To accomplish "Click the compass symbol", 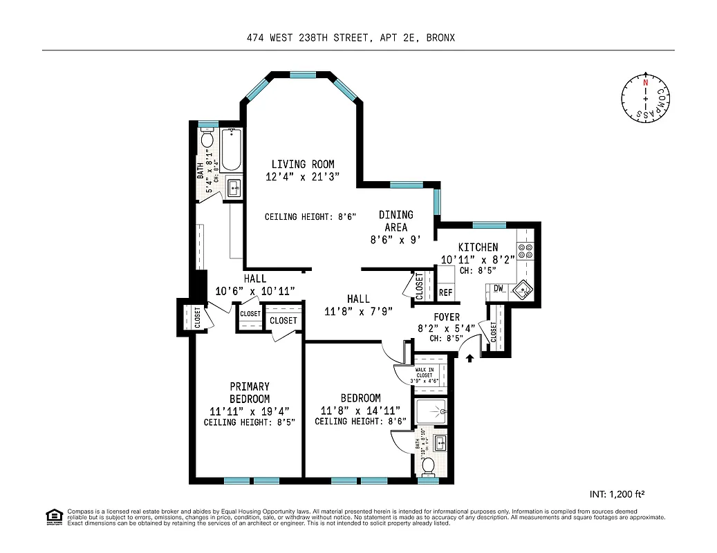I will click(646, 99).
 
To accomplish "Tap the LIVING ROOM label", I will click(302, 165).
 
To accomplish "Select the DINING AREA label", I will click(396, 221).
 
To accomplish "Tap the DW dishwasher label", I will click(498, 288).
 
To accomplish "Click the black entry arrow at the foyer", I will click(470, 358).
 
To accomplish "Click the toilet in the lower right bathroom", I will click(429, 466).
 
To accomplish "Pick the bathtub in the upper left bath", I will click(231, 153).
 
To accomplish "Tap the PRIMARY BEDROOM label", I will click(250, 393).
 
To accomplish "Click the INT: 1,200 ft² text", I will click(617, 494).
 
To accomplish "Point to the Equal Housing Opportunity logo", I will click(53, 516).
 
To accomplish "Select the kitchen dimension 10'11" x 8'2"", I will click(477, 260).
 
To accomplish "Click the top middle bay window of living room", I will click(303, 75).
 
